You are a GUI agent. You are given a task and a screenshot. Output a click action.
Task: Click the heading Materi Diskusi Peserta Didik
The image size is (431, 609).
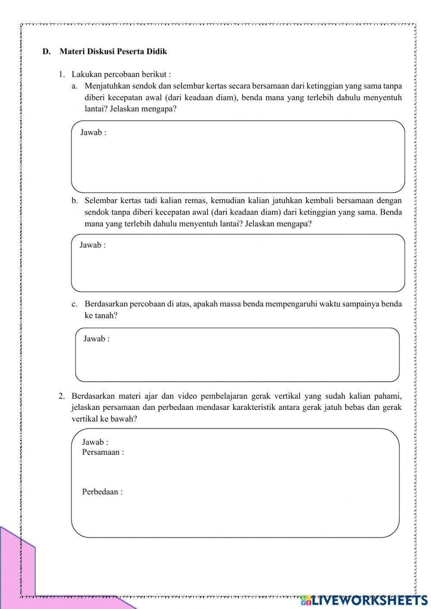(x=113, y=52)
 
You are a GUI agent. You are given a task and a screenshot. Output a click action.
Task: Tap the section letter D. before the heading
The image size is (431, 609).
(x=46, y=52)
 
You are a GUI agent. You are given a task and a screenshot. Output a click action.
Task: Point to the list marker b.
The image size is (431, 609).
(x=75, y=200)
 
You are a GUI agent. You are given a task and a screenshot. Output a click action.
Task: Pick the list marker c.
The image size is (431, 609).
(x=75, y=304)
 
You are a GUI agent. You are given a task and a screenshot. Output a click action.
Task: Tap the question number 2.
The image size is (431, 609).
(x=62, y=396)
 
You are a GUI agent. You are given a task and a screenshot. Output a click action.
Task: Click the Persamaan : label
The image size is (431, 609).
(x=103, y=452)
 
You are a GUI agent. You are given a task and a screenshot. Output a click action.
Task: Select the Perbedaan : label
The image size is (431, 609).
(x=102, y=492)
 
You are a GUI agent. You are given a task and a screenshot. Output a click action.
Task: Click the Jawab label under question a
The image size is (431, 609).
(x=93, y=132)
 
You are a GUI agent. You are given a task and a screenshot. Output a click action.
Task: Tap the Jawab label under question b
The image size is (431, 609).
(x=92, y=245)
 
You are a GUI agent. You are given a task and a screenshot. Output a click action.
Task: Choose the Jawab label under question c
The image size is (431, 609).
(x=96, y=339)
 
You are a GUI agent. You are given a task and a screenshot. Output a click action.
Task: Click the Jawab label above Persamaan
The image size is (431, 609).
(x=95, y=442)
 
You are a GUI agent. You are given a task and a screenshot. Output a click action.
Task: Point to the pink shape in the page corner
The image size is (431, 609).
(x=17, y=569)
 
